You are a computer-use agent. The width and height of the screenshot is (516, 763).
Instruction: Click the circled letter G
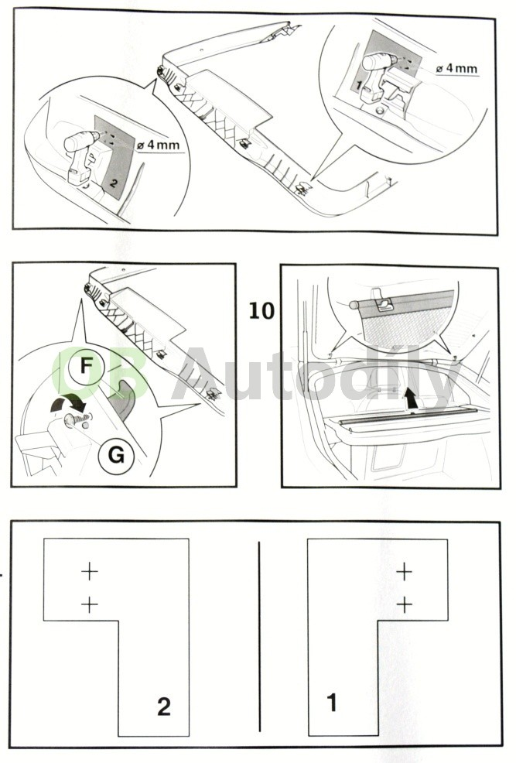click(115, 455)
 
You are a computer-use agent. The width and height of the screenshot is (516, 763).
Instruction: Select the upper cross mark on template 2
click(90, 572)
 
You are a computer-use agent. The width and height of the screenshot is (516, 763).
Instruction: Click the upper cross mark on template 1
click(404, 572)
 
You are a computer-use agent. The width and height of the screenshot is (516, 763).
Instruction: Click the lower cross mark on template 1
click(404, 604)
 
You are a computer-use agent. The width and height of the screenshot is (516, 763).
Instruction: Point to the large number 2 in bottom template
click(163, 707)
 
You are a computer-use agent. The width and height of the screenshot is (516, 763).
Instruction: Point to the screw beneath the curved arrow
click(75, 420)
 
